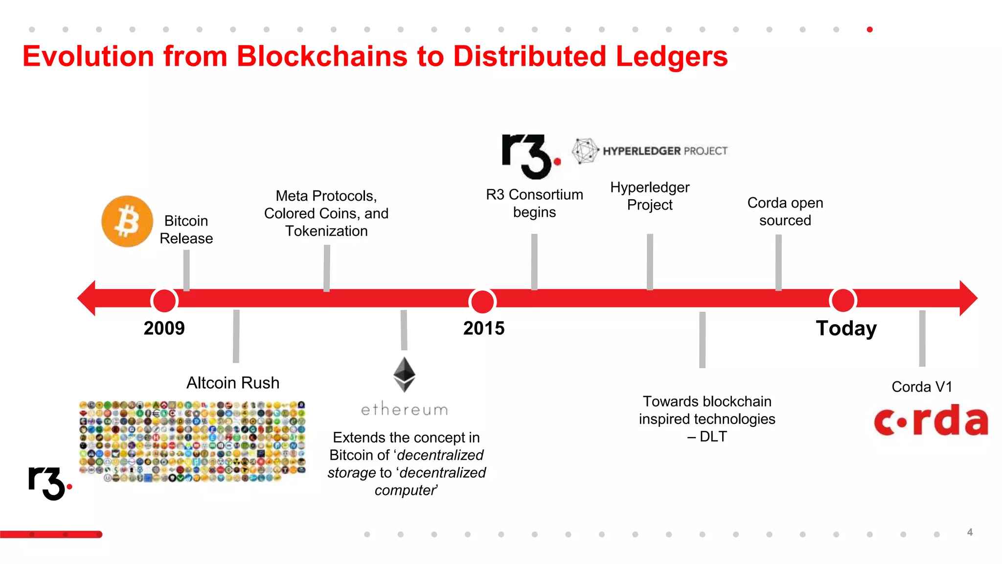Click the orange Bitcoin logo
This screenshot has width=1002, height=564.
pos(127,221)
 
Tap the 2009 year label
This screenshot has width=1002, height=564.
pos(164,328)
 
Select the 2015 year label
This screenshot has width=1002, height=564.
pos(483,328)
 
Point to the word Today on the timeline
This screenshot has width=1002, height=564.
pos(846,328)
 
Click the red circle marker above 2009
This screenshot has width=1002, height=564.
pos(164,300)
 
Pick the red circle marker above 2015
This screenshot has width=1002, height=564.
pos(482,301)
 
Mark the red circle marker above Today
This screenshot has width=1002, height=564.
pos(843,300)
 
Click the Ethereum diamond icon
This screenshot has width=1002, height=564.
pos(405,375)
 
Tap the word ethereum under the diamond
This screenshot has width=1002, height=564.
pos(405,409)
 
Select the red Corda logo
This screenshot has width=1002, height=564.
pos(931,421)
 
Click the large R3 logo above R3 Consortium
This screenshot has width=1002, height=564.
pos(529,156)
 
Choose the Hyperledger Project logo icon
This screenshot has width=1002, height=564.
pos(585,151)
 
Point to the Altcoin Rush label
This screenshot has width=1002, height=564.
pos(233,383)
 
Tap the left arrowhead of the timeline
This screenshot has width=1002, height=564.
pos(87,298)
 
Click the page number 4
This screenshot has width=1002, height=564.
pos(970,532)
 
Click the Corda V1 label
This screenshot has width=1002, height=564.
pos(922,387)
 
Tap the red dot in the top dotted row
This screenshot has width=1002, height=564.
pos(869,29)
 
